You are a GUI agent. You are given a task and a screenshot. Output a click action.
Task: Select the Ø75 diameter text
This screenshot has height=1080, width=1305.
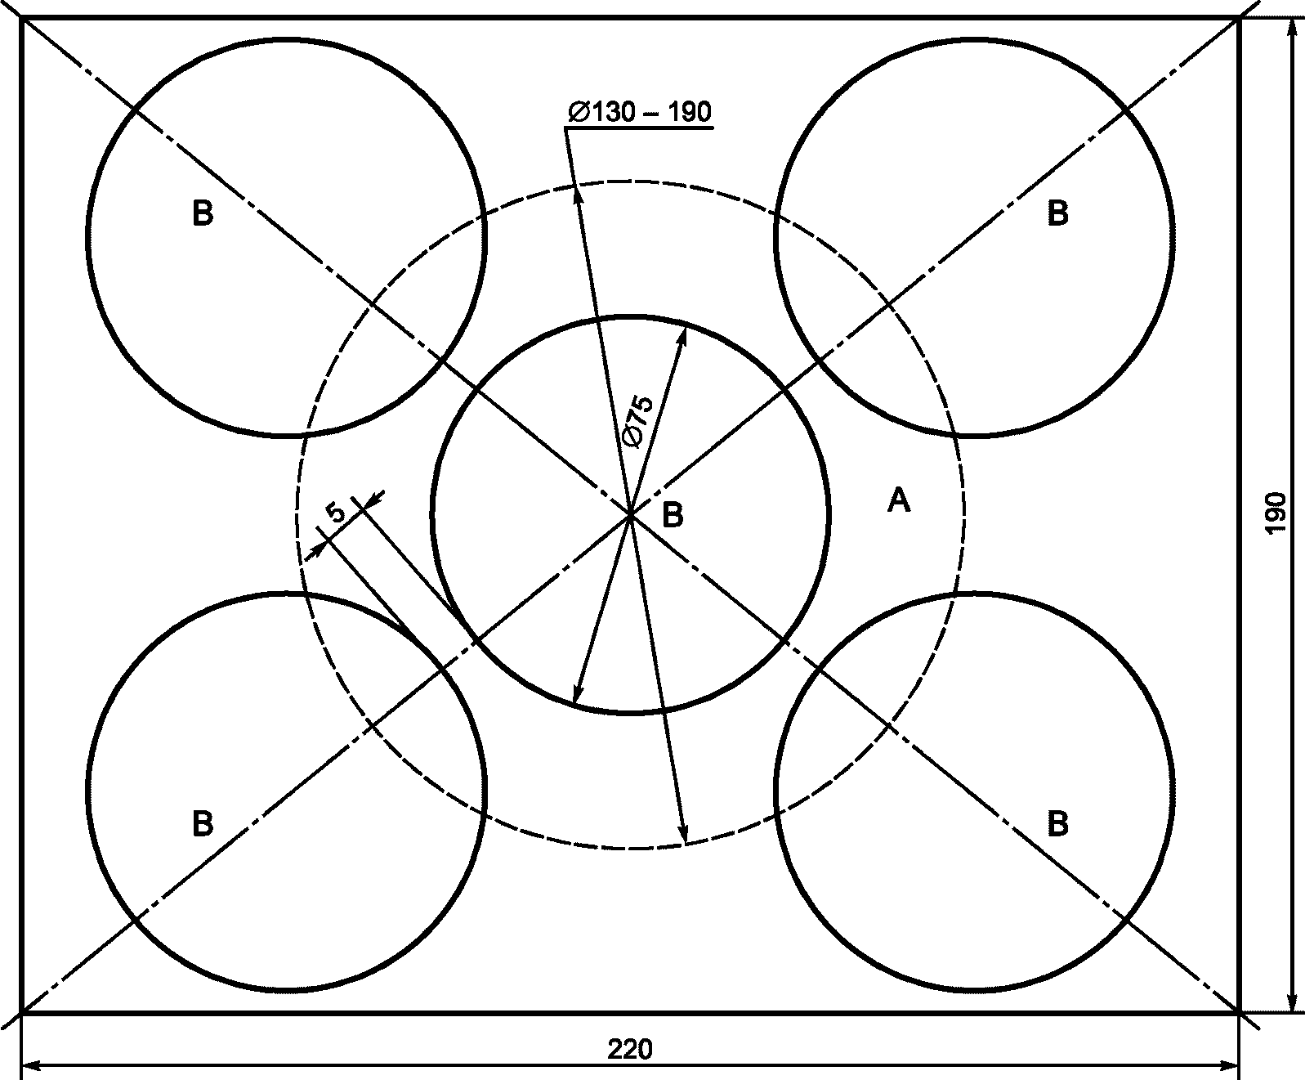[x=637, y=421]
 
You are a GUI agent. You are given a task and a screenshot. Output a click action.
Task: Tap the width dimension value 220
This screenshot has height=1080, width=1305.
[x=630, y=1049]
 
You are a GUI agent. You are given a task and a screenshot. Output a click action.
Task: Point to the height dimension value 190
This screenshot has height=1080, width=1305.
[x=1276, y=513]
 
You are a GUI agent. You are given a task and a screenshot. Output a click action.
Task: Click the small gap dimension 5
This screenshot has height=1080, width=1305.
[x=337, y=513]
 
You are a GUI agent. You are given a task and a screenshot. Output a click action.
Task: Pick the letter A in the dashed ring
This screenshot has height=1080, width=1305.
[x=898, y=500]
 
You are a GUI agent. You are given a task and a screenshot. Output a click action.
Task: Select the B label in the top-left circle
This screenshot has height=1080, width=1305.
[x=203, y=214]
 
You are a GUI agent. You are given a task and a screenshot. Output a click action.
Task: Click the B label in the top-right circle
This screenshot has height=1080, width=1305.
[x=1057, y=214]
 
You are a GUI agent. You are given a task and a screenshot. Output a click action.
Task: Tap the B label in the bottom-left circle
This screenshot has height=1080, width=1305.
[x=203, y=823]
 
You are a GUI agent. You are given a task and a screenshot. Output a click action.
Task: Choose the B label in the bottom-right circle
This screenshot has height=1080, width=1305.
[x=1057, y=823]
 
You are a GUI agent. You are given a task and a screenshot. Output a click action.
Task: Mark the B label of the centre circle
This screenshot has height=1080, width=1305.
[x=672, y=516]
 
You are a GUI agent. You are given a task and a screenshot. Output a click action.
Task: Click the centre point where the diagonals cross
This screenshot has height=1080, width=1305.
[x=630, y=514]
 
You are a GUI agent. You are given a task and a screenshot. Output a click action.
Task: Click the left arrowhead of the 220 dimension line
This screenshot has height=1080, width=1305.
[x=29, y=1065]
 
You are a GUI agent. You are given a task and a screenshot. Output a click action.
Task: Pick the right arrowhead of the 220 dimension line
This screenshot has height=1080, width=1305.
[x=1231, y=1065]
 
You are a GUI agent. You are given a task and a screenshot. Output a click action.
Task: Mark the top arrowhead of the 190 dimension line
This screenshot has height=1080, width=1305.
[x=1292, y=27]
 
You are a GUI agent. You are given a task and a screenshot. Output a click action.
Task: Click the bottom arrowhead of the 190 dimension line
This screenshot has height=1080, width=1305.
[x=1292, y=1003]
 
